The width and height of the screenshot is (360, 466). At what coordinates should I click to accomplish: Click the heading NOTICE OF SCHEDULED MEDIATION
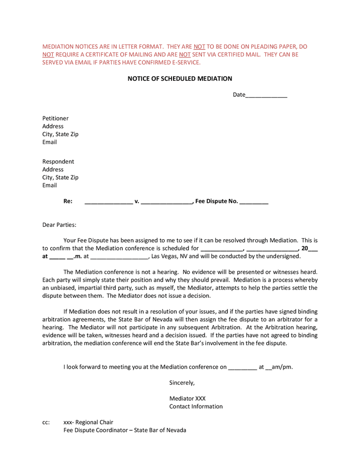click(x=180, y=79)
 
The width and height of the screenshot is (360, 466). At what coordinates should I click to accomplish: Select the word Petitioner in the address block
click(x=55, y=118)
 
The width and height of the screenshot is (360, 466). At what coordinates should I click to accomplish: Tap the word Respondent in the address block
click(x=58, y=161)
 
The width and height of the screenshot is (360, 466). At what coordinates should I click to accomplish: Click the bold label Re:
click(x=67, y=201)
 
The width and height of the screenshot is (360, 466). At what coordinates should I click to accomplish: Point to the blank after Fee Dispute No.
click(x=254, y=202)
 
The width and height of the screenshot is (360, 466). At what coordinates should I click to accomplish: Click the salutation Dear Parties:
click(x=59, y=225)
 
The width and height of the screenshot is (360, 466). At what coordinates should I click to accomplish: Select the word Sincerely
click(x=182, y=383)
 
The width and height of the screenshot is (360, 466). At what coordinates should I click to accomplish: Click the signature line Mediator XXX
click(x=187, y=398)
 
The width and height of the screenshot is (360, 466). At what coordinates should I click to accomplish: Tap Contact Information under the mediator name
click(x=196, y=406)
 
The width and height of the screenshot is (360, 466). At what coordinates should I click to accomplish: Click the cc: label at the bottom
click(x=46, y=422)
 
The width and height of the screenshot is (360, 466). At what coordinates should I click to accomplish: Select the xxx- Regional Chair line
click(x=88, y=422)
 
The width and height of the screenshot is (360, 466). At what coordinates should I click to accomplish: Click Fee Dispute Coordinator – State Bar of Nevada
click(x=124, y=430)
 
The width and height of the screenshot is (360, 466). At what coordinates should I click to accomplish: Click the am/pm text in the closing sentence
click(x=282, y=367)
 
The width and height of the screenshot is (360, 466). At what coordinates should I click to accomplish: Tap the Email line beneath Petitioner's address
click(x=50, y=142)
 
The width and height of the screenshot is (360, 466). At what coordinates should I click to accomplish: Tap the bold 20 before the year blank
click(x=305, y=248)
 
